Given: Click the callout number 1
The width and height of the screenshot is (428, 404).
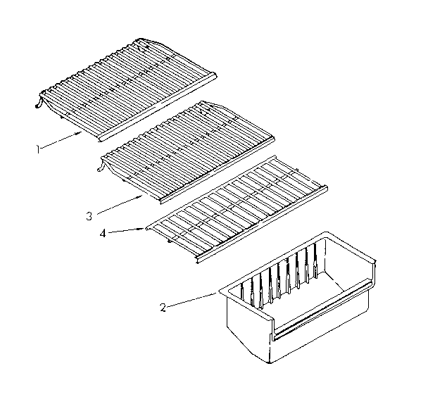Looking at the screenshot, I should [39, 148].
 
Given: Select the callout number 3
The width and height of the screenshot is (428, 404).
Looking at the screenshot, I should [89, 215].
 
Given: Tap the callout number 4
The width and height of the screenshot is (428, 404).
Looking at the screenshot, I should [104, 233].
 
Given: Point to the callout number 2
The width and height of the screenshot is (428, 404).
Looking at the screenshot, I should [163, 308].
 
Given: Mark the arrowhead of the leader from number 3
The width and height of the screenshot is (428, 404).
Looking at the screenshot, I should [143, 196].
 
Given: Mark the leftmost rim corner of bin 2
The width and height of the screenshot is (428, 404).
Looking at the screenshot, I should [220, 287].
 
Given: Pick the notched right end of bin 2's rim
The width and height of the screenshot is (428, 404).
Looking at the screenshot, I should [377, 266].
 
